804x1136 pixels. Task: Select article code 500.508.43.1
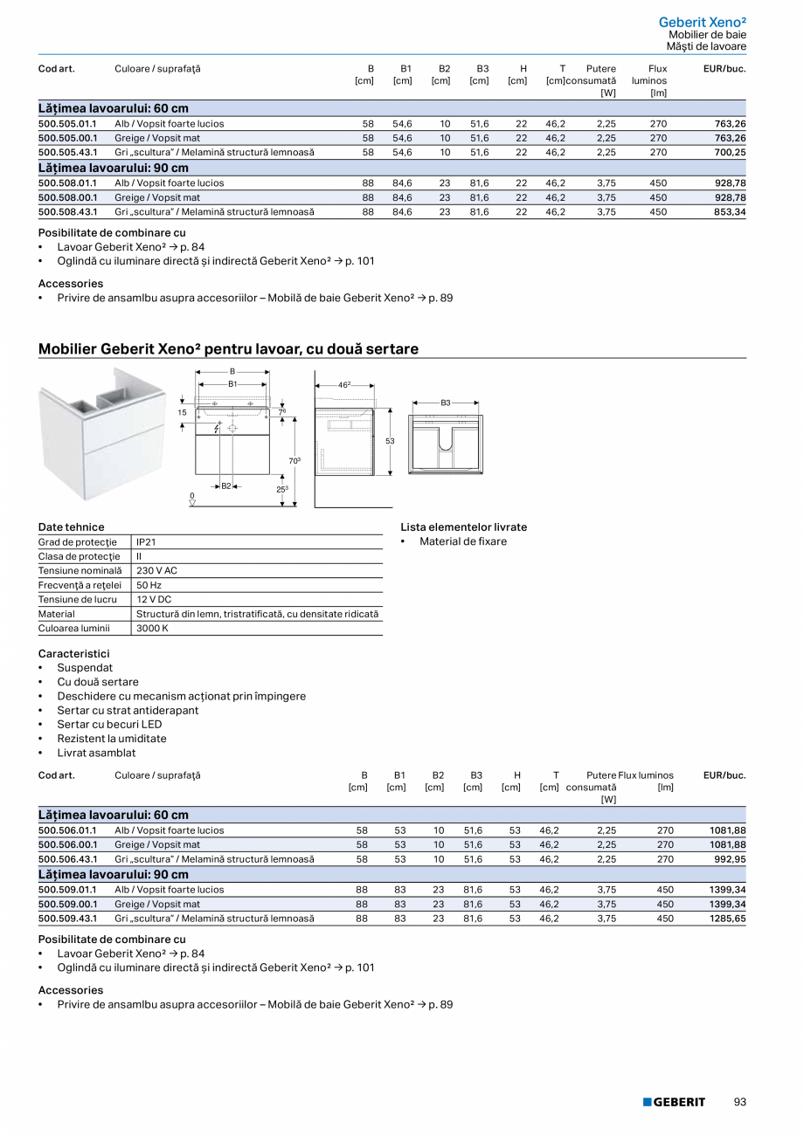tap(67, 211)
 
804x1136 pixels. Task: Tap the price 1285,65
tap(728, 919)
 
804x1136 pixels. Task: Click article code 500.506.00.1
tap(67, 845)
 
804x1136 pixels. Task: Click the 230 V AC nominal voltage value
tap(157, 571)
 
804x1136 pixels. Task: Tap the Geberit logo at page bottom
tap(674, 1102)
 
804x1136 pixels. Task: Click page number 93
tap(739, 1102)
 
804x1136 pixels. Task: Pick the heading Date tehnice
tap(71, 527)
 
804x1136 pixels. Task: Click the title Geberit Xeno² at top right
tap(702, 22)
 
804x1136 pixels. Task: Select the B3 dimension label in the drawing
tap(446, 403)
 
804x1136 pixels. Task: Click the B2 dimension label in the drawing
tap(225, 485)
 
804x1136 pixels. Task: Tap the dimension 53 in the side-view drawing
tap(390, 442)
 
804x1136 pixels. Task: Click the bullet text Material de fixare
tap(462, 541)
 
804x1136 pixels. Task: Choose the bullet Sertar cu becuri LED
tap(109, 725)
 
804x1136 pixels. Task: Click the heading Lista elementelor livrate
tap(463, 527)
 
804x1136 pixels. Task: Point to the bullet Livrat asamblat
tap(96, 753)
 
